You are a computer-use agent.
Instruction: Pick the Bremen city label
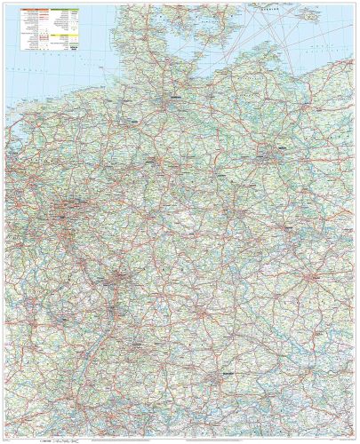coord(133,116)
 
